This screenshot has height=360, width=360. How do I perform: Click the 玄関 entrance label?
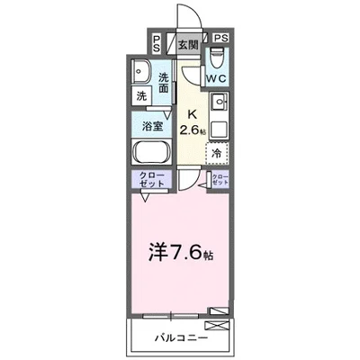point(188,42)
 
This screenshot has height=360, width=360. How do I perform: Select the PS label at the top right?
point(221,39)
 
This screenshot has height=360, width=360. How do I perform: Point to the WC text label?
point(218,79)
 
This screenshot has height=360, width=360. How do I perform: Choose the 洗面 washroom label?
point(165,83)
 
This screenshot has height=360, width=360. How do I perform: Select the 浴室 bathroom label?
point(153,125)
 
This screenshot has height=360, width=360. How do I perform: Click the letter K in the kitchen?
point(192,114)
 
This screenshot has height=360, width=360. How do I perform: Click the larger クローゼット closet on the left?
point(151,179)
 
